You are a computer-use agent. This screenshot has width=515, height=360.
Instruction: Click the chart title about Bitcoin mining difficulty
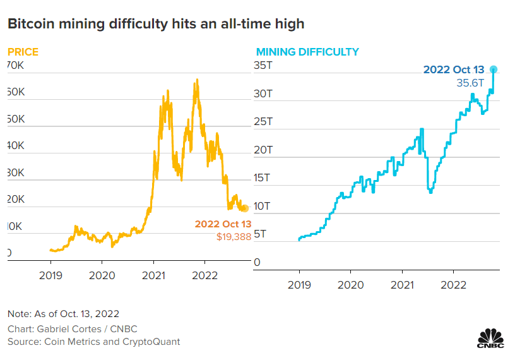tap(156, 24)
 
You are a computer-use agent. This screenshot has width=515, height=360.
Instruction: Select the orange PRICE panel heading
tap(23, 52)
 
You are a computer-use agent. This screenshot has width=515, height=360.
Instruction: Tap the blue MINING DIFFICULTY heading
tap(307, 52)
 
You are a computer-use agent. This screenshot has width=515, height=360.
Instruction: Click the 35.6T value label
tap(470, 83)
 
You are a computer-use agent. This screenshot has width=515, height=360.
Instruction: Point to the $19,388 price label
tap(234, 236)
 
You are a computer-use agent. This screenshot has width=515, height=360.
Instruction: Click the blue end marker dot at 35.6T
tap(494, 69)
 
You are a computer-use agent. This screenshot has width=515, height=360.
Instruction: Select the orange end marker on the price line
tap(246, 208)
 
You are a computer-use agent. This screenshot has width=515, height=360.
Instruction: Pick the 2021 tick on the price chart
tap(153, 275)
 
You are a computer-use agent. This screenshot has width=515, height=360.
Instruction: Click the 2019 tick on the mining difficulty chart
tap(300, 285)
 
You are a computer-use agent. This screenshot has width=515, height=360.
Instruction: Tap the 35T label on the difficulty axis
tap(263, 66)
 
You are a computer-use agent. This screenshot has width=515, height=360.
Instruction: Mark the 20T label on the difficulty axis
tap(263, 150)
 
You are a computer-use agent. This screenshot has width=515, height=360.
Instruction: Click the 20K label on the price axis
tap(15, 199)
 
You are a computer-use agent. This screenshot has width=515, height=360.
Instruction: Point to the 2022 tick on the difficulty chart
tap(454, 285)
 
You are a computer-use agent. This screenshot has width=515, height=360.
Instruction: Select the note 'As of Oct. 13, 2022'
tap(63, 314)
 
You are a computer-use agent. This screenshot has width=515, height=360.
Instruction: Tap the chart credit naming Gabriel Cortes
tap(72, 329)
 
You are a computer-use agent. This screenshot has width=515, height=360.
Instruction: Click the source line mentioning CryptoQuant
tap(93, 342)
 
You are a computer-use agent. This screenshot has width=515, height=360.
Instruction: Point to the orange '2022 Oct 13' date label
tap(223, 224)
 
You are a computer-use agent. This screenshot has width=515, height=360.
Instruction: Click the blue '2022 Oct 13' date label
tap(454, 69)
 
